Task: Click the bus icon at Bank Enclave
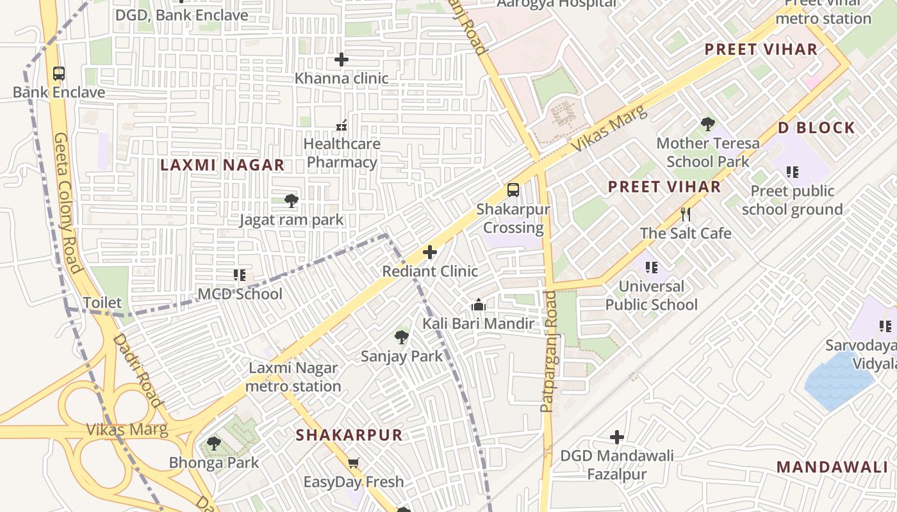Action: click(x=59, y=74)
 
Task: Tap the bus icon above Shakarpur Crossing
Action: click(x=513, y=190)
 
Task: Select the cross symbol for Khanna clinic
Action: click(x=342, y=60)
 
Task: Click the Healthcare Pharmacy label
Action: click(x=342, y=153)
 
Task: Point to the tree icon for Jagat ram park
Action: click(x=291, y=201)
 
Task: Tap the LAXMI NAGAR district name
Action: click(x=222, y=165)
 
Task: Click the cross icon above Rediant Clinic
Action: click(x=430, y=252)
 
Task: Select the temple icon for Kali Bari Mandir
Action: click(x=478, y=305)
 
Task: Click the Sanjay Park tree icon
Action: click(x=402, y=337)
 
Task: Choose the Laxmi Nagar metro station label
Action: click(x=293, y=377)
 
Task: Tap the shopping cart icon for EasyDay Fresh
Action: click(x=353, y=463)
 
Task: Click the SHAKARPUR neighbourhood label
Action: click(x=349, y=435)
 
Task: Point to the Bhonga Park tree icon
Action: click(x=213, y=444)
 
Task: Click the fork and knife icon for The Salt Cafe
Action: click(x=686, y=214)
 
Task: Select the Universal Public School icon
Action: click(x=652, y=268)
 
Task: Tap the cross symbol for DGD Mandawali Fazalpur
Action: click(x=617, y=437)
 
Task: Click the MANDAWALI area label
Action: click(x=832, y=467)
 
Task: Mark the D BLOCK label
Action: click(x=816, y=128)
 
